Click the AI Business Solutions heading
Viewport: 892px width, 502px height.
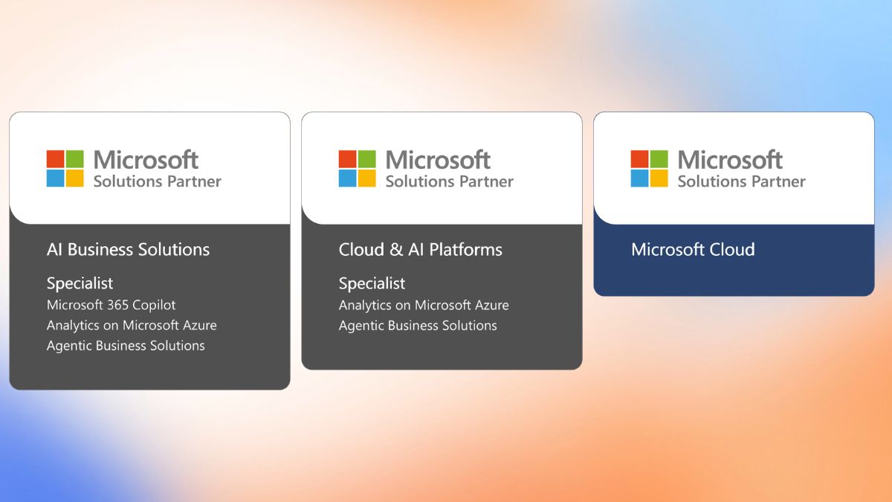click(128, 250)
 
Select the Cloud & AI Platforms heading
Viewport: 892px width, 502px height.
click(421, 250)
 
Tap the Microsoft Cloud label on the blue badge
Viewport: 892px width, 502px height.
click(693, 250)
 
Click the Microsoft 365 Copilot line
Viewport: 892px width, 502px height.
click(111, 305)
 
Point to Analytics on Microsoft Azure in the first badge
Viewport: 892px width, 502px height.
click(132, 326)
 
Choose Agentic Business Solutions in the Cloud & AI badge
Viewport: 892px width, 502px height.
click(418, 326)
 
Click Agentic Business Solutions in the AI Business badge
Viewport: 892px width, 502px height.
click(126, 346)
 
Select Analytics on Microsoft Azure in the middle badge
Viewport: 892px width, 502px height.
click(424, 305)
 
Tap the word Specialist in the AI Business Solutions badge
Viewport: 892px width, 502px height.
click(80, 283)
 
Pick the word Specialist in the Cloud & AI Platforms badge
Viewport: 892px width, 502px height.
click(372, 283)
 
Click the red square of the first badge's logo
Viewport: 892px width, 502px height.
click(55, 158)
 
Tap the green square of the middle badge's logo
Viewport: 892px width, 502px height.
click(366, 158)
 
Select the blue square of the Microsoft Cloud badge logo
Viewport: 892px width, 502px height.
click(639, 178)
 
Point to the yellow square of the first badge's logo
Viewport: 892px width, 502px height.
click(75, 178)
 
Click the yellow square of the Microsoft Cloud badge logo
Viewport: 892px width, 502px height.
click(659, 178)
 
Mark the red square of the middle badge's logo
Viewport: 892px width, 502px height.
click(347, 158)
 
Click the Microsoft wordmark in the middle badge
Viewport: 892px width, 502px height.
click(438, 160)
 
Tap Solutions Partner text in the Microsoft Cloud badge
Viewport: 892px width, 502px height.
click(742, 181)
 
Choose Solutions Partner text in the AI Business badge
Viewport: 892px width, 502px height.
click(158, 181)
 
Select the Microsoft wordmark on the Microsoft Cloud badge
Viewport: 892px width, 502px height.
click(730, 160)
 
